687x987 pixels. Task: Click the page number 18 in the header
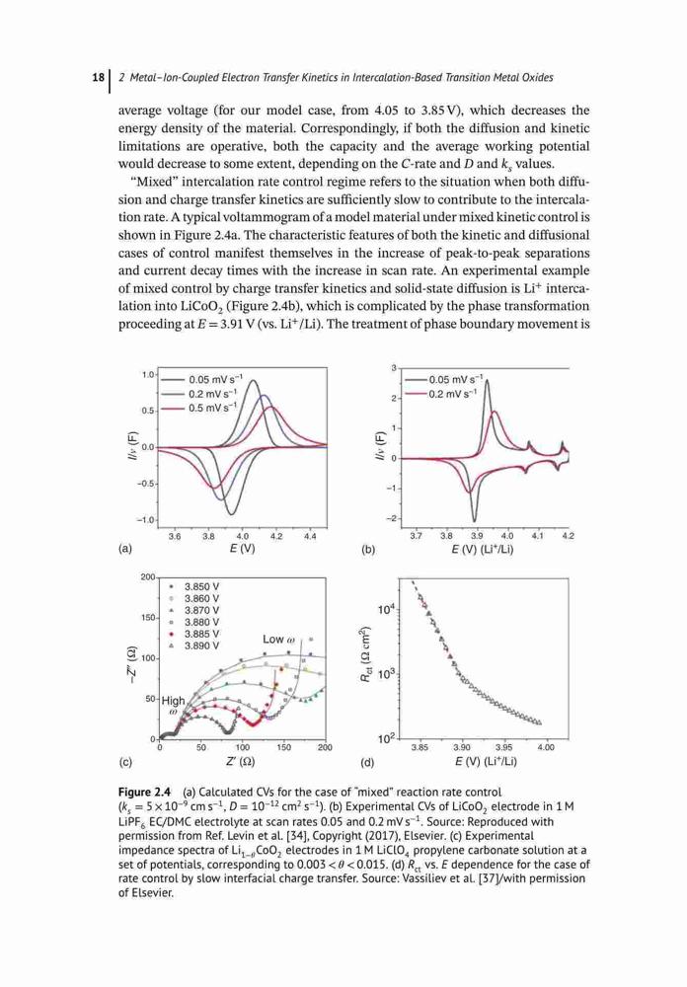click(x=98, y=77)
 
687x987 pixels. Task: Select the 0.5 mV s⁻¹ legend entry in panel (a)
click(x=199, y=408)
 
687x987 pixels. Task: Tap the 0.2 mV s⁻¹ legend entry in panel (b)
click(x=441, y=394)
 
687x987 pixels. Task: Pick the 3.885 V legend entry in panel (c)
click(x=195, y=634)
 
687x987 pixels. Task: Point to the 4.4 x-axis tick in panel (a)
click(x=310, y=536)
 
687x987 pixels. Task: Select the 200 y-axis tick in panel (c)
click(x=148, y=577)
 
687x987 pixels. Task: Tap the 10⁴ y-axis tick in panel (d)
click(x=386, y=609)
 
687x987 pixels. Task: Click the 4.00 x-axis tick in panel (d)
click(x=545, y=747)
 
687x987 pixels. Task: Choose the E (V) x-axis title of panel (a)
click(x=243, y=549)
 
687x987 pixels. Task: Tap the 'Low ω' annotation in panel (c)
click(x=278, y=639)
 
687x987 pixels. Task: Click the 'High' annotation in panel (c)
click(x=173, y=700)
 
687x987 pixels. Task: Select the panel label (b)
click(x=368, y=549)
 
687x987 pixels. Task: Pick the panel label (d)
click(x=367, y=763)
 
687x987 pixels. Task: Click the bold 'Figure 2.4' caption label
click(x=144, y=792)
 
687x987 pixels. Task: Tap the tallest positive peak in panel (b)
click(x=486, y=380)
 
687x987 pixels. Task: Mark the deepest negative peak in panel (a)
click(x=230, y=513)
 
